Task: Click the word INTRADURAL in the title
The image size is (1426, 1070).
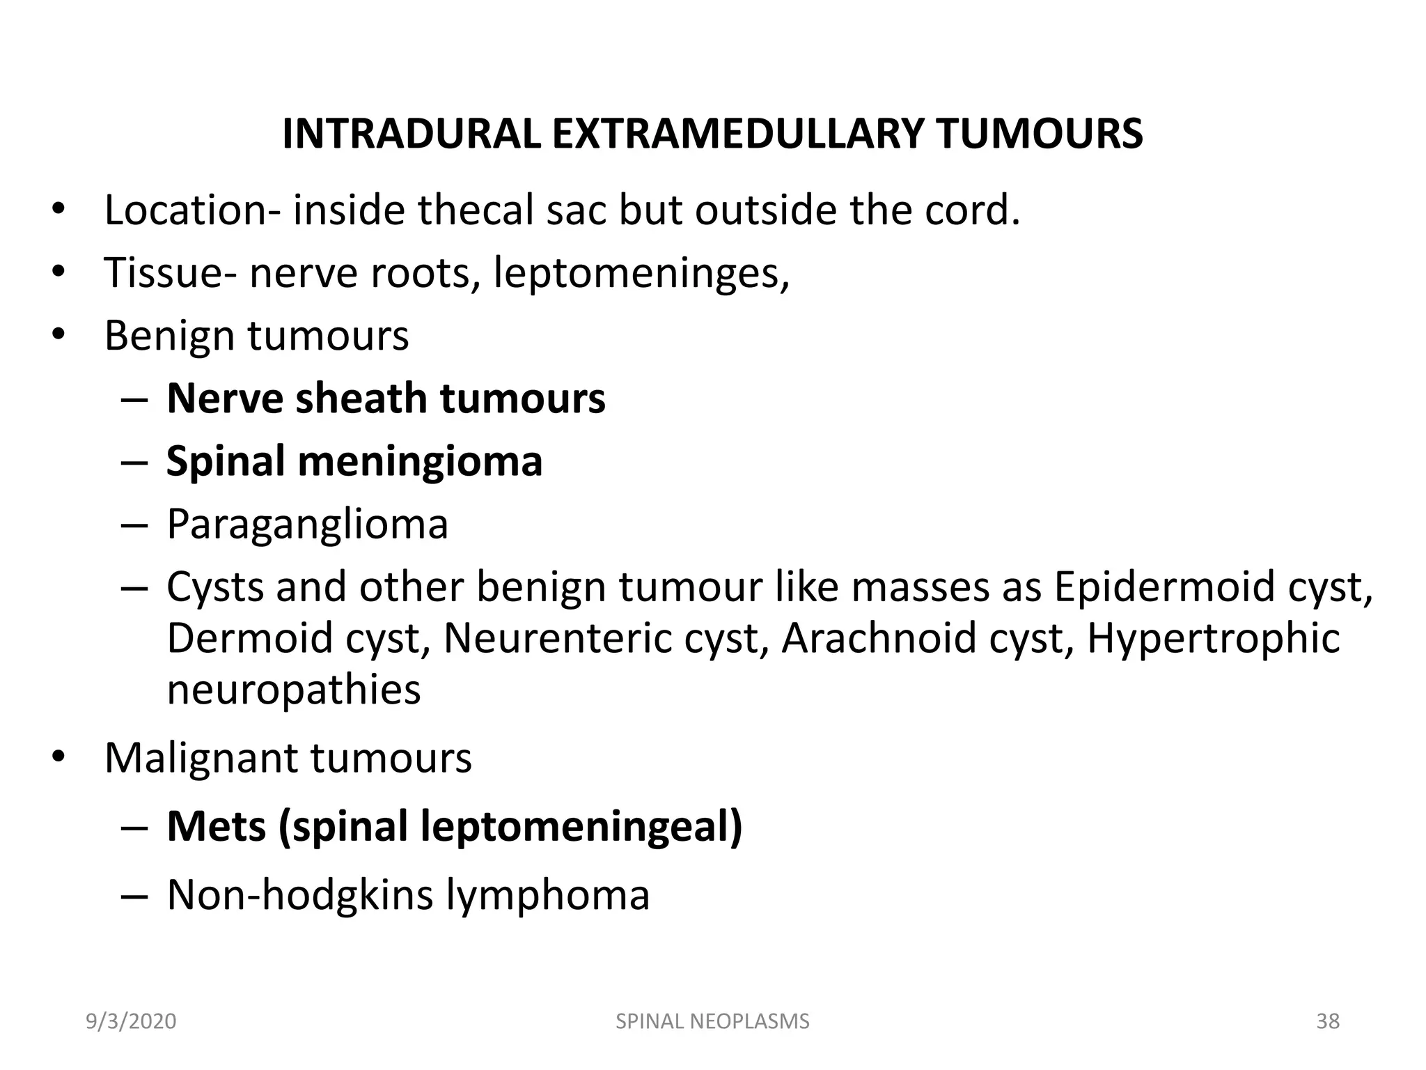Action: click(x=412, y=134)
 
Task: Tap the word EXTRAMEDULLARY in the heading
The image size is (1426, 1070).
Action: click(x=737, y=134)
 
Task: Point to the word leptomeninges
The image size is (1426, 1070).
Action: click(x=641, y=273)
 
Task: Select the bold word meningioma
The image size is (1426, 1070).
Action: click(x=420, y=461)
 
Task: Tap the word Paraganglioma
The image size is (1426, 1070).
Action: click(x=307, y=524)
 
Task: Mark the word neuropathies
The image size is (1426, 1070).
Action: click(x=294, y=690)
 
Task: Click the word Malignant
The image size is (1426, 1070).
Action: click(x=201, y=758)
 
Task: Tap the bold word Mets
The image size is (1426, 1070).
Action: click(x=217, y=826)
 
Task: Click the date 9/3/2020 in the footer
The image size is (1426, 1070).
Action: click(x=131, y=1021)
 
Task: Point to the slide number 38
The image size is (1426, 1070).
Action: click(x=1327, y=1021)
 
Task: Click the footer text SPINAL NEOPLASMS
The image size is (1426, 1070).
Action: click(x=712, y=1021)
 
